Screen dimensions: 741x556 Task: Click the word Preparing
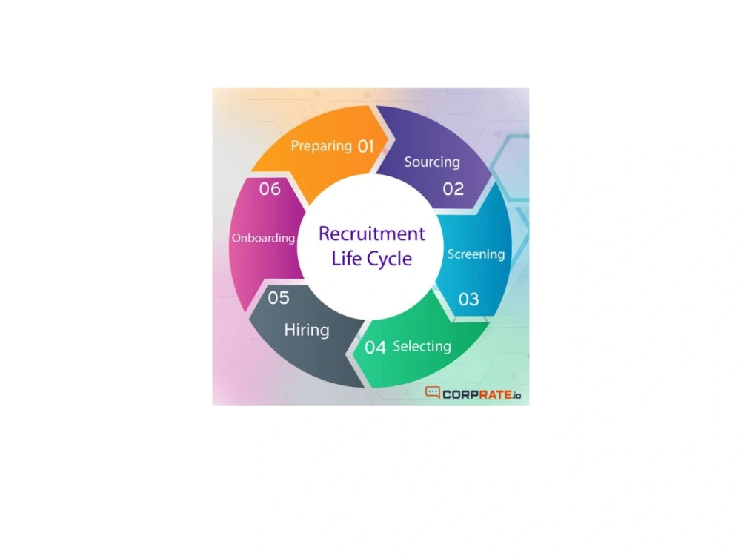322,146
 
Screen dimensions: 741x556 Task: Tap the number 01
366,147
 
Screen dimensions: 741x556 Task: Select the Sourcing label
432,162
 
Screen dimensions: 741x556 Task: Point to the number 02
453,189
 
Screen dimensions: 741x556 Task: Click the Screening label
476,254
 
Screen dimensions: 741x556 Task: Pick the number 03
469,299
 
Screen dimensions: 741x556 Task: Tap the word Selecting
422,346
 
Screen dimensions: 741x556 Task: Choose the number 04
375,348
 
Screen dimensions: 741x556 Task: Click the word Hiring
307,330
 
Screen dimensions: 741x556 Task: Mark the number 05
279,298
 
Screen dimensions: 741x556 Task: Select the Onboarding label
263,238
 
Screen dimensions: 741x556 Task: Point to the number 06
270,189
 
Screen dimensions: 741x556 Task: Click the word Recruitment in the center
372,234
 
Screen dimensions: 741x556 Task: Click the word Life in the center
346,258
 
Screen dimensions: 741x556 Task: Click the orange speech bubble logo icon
433,392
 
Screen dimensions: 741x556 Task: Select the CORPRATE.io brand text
482,395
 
